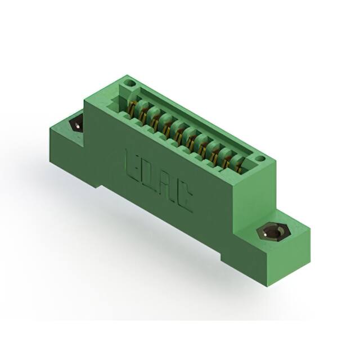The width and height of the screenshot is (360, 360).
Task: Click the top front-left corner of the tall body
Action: (x=85, y=101)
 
